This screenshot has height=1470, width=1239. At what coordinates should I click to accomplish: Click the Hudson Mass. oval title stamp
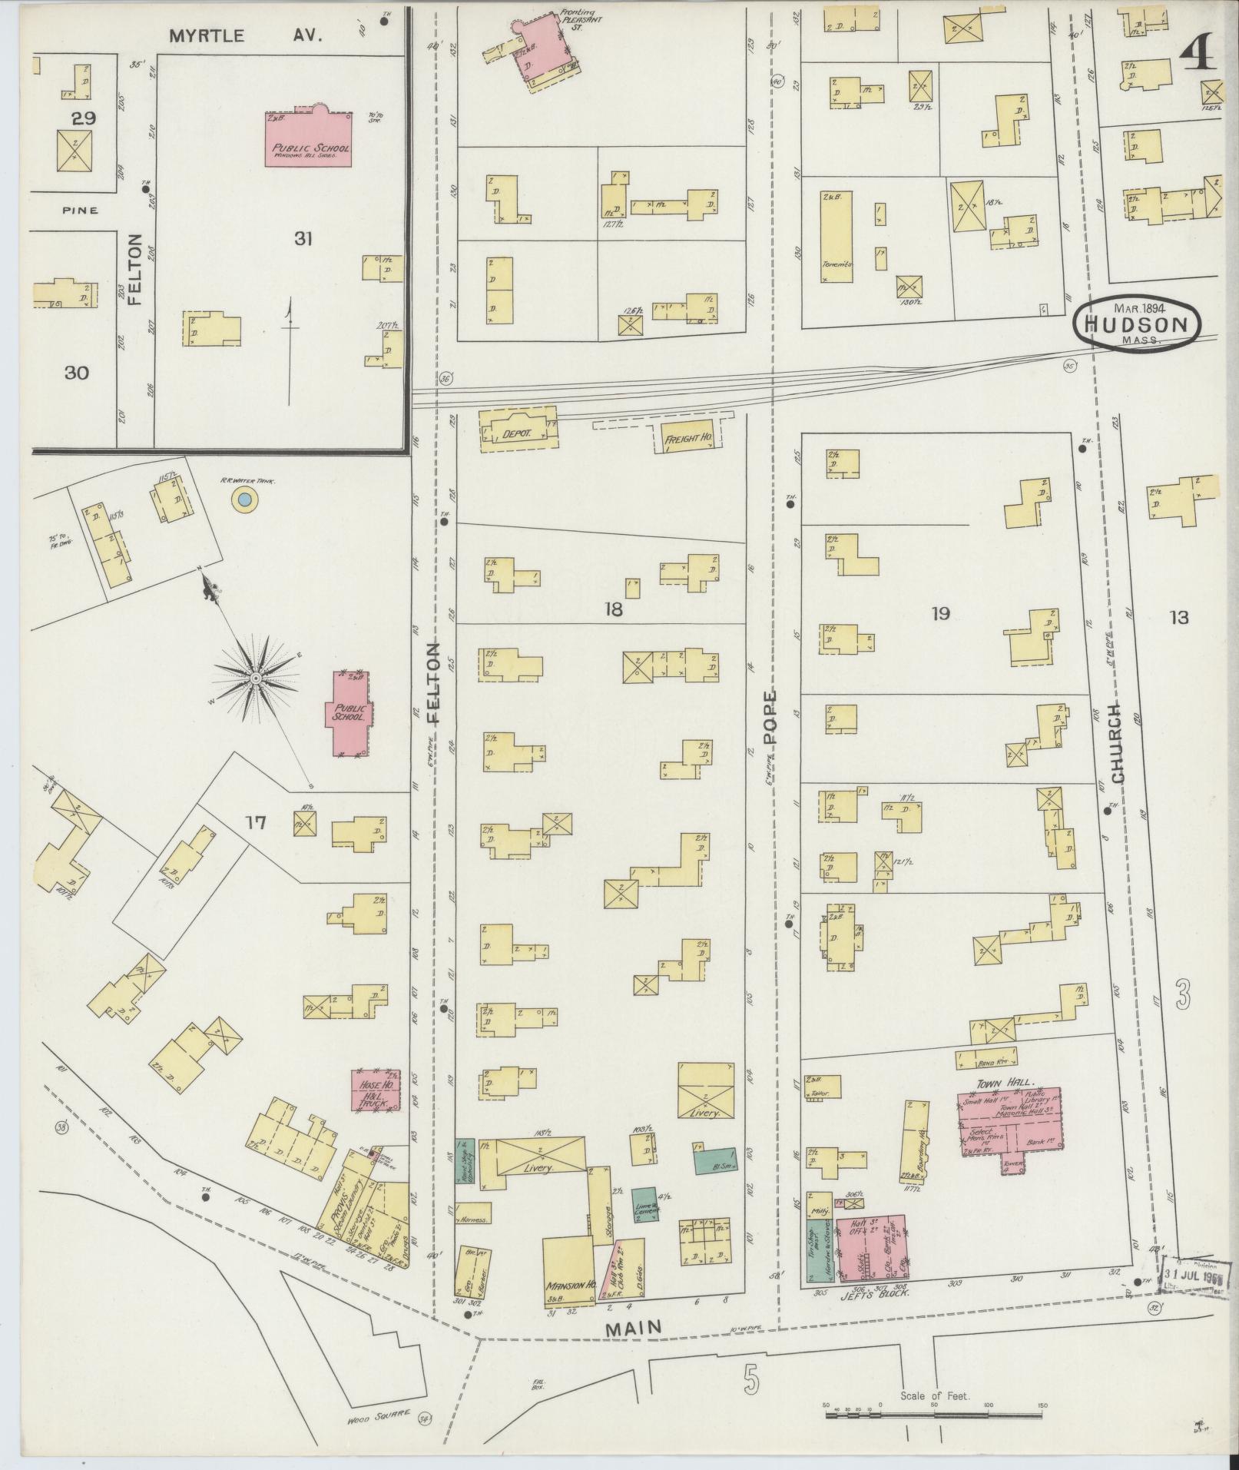(x=1138, y=324)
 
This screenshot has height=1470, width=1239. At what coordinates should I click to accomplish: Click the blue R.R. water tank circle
(x=244, y=499)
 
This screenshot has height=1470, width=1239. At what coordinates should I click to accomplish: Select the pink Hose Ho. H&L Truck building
(x=376, y=1090)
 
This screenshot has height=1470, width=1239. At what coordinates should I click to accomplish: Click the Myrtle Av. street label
(x=244, y=35)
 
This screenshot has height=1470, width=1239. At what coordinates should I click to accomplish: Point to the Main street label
(x=634, y=1327)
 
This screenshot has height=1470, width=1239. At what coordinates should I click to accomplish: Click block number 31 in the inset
(x=303, y=239)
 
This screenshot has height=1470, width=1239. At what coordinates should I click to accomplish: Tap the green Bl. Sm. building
(x=714, y=1160)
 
